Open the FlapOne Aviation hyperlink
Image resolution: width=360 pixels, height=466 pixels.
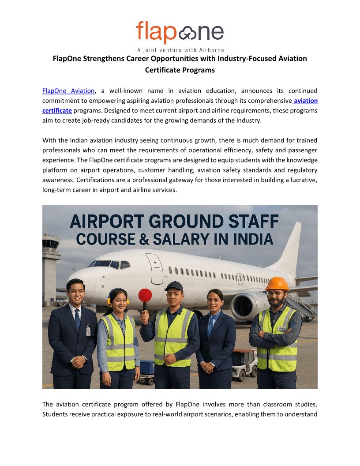(68, 91)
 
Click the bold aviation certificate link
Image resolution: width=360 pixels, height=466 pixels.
(57, 110)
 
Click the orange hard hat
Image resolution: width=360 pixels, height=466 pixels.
(277, 284)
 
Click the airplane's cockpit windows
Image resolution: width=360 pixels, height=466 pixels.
(109, 264)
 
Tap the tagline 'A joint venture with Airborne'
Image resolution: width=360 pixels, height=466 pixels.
(180, 50)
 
